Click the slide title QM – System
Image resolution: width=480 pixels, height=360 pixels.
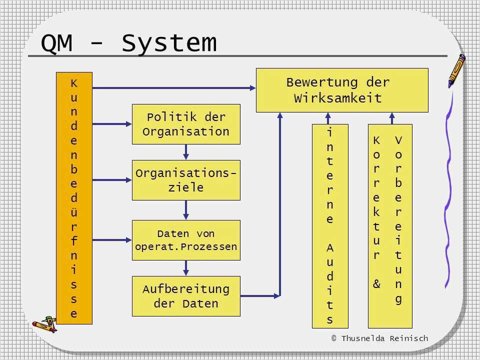coord(128,43)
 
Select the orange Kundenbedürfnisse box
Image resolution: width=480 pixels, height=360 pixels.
coord(74,198)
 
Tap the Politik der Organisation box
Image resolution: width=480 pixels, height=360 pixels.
coord(186,124)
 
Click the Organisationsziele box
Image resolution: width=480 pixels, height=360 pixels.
coord(186,180)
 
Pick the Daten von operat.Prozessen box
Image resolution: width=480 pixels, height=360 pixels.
coord(186,240)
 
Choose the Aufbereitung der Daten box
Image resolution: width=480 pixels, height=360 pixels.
coord(186,296)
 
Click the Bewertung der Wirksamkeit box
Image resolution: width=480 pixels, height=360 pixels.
coord(342,90)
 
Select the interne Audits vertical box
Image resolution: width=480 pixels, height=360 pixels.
coord(330,226)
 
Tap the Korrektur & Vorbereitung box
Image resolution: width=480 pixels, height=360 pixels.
coord(390,226)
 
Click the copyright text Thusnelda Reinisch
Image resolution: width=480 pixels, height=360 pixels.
coord(379,338)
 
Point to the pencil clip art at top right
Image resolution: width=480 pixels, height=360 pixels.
coord(456,70)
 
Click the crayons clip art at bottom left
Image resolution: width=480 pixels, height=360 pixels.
coord(44,324)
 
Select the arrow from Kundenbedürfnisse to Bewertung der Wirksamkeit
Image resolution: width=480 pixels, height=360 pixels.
coord(174,88)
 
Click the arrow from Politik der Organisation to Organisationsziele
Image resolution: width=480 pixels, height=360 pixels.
coord(186,152)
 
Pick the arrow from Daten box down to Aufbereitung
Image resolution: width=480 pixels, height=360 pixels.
coord(186,268)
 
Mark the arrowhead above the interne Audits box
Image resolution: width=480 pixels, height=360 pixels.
coord(328,116)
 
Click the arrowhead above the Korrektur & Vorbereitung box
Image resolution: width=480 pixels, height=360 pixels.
coord(392,116)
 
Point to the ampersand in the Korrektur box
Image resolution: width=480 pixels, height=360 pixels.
coord(376,284)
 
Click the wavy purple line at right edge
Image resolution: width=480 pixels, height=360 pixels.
coord(449,190)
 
